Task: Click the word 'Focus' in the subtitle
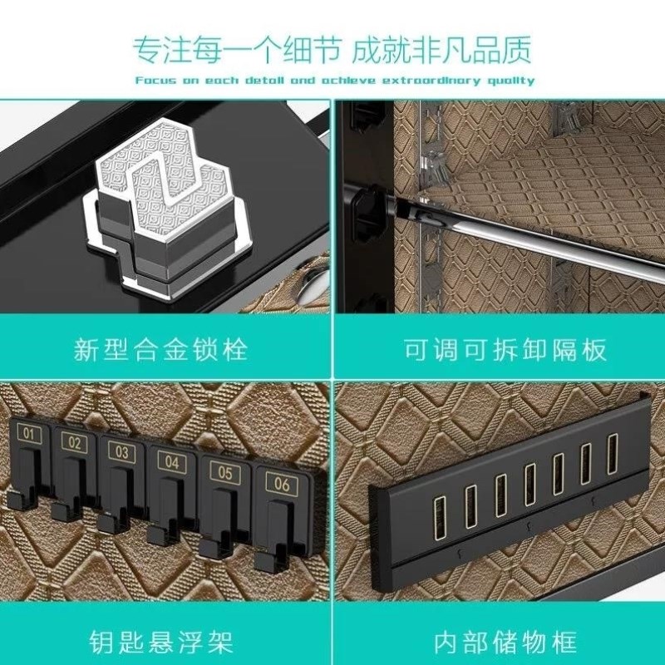[152, 81]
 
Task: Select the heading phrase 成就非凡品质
[441, 50]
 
